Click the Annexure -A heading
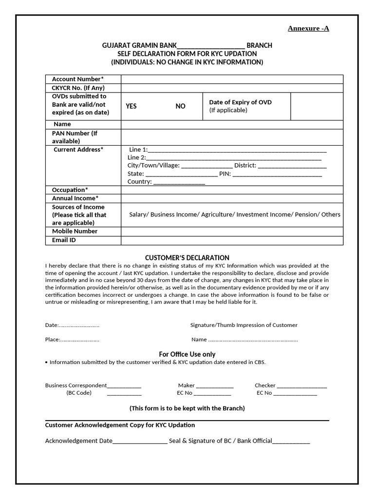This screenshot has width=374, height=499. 308,28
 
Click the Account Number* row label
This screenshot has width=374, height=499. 78,79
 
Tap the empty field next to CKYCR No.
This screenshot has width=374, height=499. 232,88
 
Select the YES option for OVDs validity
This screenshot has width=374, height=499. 131,106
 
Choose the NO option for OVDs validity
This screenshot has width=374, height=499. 180,106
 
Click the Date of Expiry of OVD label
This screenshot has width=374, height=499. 240,102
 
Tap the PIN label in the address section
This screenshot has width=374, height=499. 224,173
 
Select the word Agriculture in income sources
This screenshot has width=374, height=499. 218,214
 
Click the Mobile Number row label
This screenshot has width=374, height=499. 75,231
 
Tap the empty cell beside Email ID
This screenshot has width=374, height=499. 232,240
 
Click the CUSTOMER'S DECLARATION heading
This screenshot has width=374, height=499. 187,257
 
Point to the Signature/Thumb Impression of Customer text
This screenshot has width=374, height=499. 243,325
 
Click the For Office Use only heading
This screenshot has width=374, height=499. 187,354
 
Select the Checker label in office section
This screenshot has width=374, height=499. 265,385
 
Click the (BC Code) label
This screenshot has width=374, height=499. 79,393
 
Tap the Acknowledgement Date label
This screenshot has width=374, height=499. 78,441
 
